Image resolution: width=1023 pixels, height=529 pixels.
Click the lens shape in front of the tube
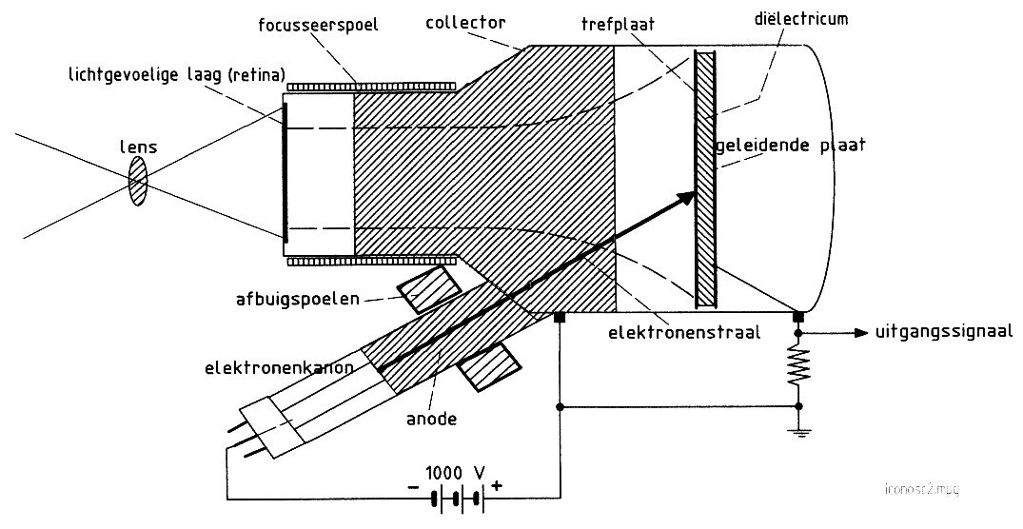(x=139, y=182)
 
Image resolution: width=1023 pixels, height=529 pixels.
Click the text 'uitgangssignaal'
(x=941, y=332)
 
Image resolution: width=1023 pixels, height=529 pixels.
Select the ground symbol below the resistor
(x=797, y=429)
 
